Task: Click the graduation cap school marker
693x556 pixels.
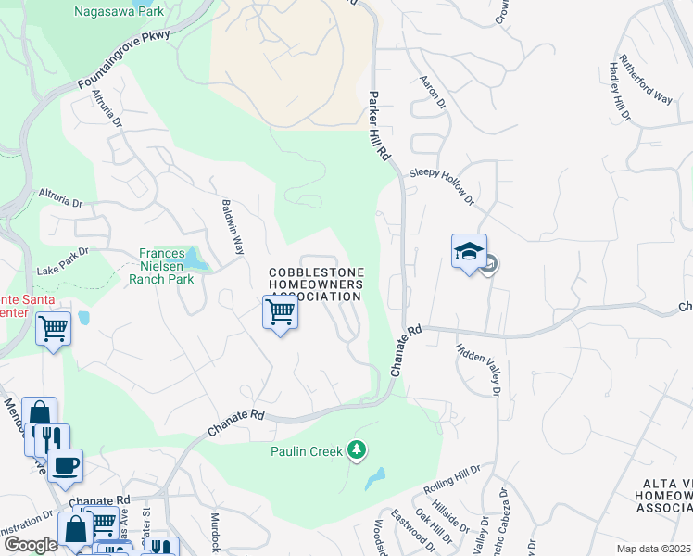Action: click(x=469, y=252)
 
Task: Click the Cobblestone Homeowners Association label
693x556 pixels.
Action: click(x=315, y=284)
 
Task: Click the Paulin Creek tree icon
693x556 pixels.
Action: click(x=357, y=451)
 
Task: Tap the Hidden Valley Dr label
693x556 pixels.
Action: click(x=477, y=372)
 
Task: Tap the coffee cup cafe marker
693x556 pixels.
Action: click(x=65, y=465)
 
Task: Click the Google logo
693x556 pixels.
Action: click(x=31, y=545)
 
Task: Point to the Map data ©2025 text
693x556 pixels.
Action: click(x=653, y=550)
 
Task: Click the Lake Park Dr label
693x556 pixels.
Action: click(x=62, y=260)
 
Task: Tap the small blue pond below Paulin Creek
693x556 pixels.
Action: click(x=375, y=479)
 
